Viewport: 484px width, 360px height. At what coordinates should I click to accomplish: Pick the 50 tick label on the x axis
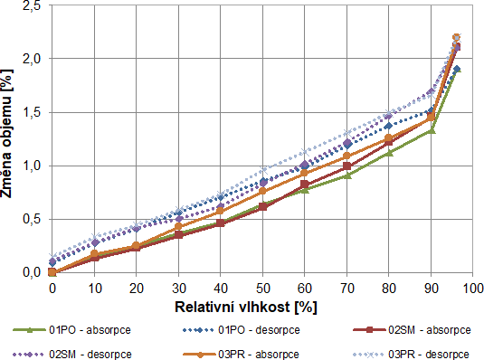262,289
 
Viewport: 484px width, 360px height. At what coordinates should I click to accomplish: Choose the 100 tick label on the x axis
471,289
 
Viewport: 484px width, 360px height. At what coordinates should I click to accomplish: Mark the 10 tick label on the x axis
94,289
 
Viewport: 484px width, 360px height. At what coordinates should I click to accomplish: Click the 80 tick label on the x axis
388,289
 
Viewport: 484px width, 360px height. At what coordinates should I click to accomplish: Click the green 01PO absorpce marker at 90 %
431,130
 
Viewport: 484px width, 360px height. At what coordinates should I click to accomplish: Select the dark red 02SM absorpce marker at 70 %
346,166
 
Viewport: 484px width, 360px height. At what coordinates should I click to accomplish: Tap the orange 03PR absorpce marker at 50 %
262,191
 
